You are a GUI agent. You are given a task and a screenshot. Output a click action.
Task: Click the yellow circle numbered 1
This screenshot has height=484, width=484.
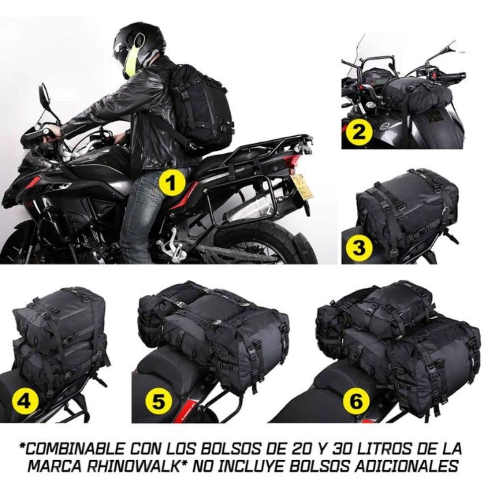[x=171, y=184]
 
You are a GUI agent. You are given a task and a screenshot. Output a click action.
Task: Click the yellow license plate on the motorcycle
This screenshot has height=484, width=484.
[x=303, y=186]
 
